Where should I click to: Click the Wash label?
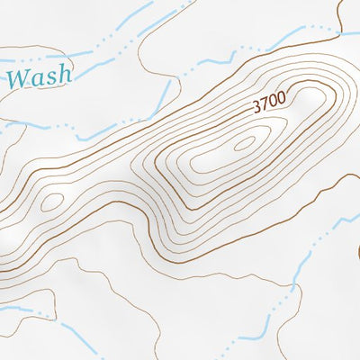[x=39, y=76]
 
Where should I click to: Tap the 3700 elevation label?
[x=269, y=103]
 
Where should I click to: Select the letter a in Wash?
[x=40, y=78]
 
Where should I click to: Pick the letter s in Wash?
[x=51, y=78]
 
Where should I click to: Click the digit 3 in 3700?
[x=256, y=108]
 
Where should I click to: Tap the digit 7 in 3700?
[x=265, y=105]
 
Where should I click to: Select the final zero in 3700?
[x=282, y=99]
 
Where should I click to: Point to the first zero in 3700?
[x=274, y=102]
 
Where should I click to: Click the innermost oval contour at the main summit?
[x=245, y=143]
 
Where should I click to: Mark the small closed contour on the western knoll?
[x=51, y=202]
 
